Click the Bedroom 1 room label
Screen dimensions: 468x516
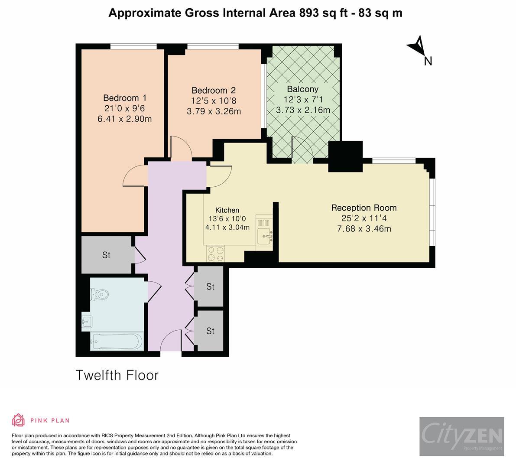coord(121,98)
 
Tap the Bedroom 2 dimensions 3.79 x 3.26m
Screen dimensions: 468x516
coord(214,111)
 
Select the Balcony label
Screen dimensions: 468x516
coord(302,89)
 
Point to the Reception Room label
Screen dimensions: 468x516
coord(363,208)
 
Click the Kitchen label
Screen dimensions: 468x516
coord(227,210)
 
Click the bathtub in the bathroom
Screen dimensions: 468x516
coord(116,341)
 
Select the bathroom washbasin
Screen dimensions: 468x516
coord(87,321)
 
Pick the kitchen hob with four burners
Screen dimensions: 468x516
coord(215,253)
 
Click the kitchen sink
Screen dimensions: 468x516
coord(264,236)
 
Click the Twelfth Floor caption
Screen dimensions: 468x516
coord(117,375)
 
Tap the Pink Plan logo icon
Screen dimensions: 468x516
coord(19,420)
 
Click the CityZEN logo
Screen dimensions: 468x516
coord(461,436)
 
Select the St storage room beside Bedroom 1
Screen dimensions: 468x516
coord(106,255)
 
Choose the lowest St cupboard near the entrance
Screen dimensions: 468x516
coord(210,331)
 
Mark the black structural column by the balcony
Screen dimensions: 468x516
coord(345,156)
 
